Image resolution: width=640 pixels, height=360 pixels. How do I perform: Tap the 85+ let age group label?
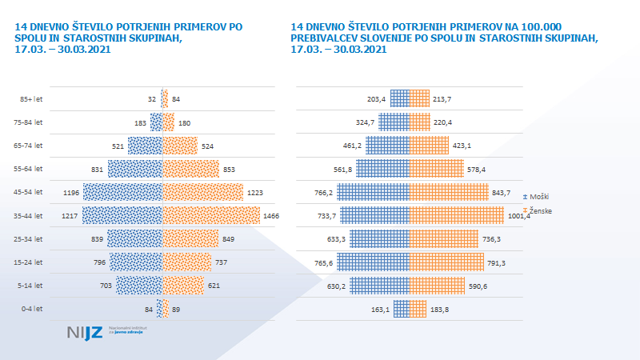tap(31, 99)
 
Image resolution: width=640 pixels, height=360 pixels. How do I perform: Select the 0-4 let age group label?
tap(31, 308)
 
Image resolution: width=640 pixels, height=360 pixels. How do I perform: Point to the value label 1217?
tap(71, 215)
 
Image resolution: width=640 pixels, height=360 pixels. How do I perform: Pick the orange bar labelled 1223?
tap(203, 192)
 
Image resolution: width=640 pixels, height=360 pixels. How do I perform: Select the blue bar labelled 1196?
tap(122, 192)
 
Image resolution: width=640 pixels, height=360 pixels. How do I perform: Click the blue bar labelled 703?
tap(139, 285)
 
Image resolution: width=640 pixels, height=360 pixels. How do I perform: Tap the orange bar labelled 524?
tap(180, 146)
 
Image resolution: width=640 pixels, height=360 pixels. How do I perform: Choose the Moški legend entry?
tap(538, 196)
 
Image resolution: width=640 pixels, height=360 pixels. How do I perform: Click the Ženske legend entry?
tap(539, 210)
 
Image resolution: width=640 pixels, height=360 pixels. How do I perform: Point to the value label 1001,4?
tap(518, 216)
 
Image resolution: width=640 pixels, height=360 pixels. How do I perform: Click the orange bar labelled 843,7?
tap(449, 192)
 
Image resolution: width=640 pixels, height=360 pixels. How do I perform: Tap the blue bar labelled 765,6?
tap(373, 262)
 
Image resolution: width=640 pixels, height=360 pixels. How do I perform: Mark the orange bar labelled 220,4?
tap(419, 122)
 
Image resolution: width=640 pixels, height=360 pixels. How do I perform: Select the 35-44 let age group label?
tap(31, 215)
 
